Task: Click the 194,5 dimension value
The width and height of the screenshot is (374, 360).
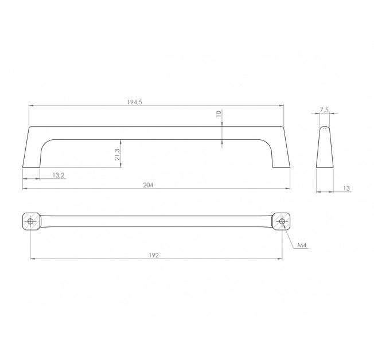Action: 135,102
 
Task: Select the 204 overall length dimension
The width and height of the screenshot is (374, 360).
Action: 148,185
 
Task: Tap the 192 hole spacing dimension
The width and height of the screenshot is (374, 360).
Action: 154,255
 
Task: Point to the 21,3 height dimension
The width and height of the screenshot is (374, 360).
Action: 117,154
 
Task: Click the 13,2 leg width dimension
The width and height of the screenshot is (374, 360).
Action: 59,175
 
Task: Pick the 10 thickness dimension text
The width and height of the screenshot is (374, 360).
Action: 219,114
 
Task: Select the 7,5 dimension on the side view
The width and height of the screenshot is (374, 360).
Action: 325,110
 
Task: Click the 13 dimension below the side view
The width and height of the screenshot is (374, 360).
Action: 346,189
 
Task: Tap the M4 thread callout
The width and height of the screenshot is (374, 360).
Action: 302,245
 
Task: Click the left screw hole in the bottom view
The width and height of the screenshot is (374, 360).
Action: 30,221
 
